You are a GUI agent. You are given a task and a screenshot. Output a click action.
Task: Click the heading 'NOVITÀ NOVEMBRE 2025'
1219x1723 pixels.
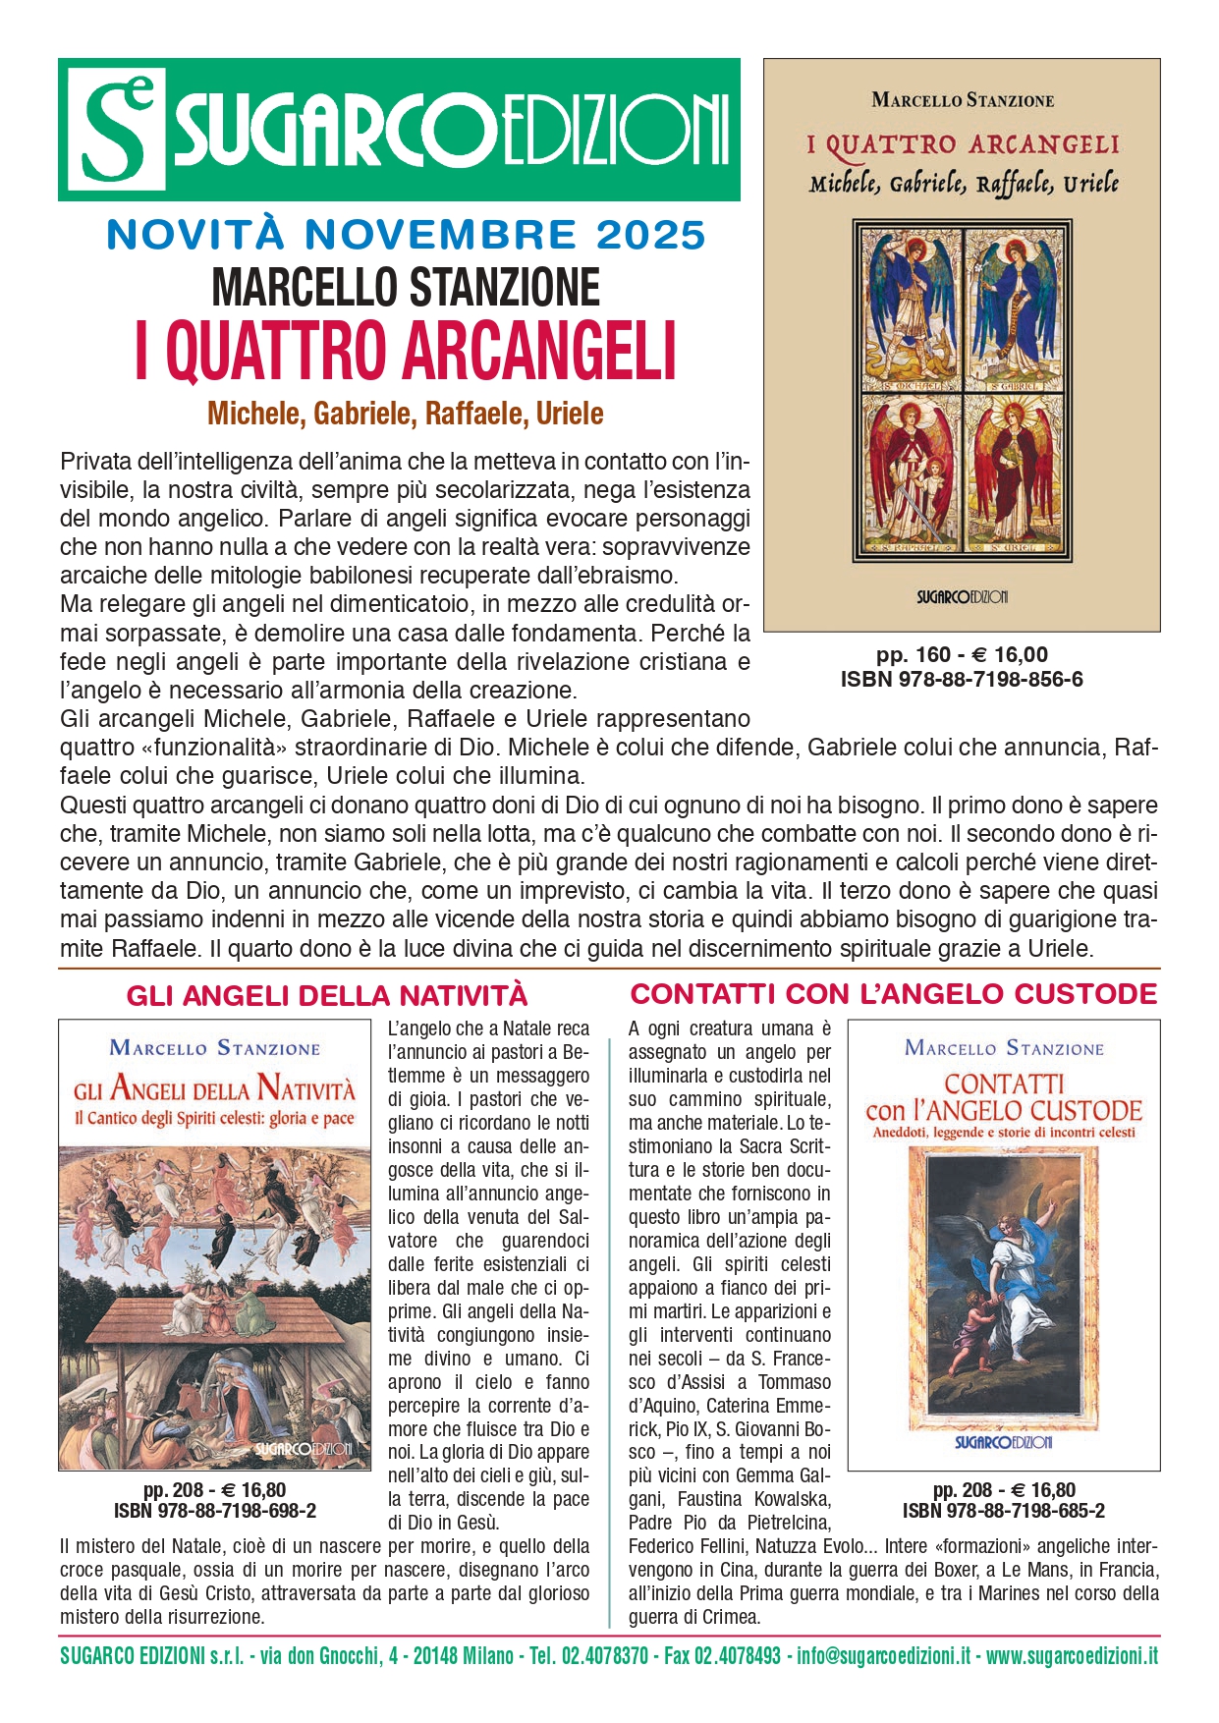click(x=406, y=236)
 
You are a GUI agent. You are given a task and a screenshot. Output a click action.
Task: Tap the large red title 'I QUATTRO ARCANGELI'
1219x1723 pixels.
click(x=406, y=351)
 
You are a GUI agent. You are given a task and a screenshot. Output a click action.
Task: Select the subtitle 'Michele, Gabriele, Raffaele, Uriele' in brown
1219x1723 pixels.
click(x=405, y=414)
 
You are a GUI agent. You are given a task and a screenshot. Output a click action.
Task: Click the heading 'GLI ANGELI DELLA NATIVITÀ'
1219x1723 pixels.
click(x=327, y=996)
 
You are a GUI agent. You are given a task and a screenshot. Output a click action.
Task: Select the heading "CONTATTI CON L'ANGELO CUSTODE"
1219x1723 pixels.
click(x=893, y=994)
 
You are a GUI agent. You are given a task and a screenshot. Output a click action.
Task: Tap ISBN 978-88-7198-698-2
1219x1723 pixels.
click(x=215, y=1511)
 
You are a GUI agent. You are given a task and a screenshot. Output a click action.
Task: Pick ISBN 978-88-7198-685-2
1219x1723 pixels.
click(x=1003, y=1511)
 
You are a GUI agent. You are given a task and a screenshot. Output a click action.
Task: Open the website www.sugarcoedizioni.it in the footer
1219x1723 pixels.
click(x=1072, y=1656)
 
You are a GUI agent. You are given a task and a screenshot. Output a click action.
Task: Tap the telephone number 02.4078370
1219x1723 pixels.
click(x=604, y=1656)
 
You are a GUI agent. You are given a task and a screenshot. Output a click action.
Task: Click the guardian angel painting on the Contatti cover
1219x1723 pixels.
click(x=1002, y=1287)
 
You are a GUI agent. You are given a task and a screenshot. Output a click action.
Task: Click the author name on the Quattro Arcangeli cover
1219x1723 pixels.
click(x=962, y=100)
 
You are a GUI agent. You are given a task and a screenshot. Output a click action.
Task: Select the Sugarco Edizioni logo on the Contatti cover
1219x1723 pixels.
click(x=1003, y=1442)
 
